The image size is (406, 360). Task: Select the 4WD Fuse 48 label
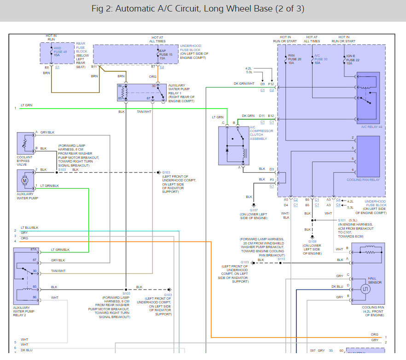click(60, 52)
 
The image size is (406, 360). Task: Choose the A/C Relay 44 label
click(368, 127)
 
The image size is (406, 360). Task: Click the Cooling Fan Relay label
click(363, 180)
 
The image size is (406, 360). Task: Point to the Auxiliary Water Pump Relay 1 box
click(141, 92)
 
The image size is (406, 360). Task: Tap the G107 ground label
click(254, 210)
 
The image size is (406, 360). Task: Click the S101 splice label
click(341, 220)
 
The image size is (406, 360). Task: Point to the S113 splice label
click(281, 259)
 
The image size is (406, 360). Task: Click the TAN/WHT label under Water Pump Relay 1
click(144, 111)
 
